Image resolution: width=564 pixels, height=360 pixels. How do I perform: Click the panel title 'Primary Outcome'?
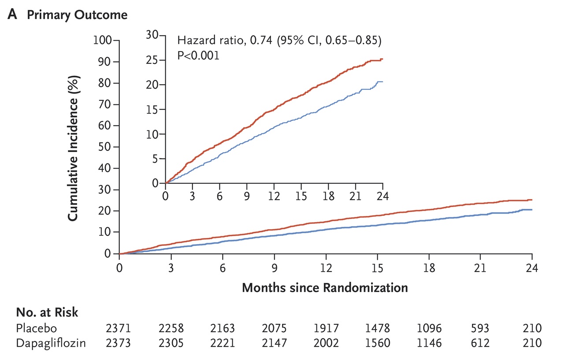coord(77,15)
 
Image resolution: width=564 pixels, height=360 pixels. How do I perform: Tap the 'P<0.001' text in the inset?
coord(198,56)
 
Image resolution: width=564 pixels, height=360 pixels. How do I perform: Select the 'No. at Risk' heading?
coord(47,312)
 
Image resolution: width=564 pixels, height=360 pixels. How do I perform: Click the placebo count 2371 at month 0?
coord(119,328)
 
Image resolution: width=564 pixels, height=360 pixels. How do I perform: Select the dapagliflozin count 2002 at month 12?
coord(326,343)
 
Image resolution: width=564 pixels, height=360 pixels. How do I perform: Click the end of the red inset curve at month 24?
coord(382,59)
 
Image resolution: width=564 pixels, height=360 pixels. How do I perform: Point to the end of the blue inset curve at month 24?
coord(382,82)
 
